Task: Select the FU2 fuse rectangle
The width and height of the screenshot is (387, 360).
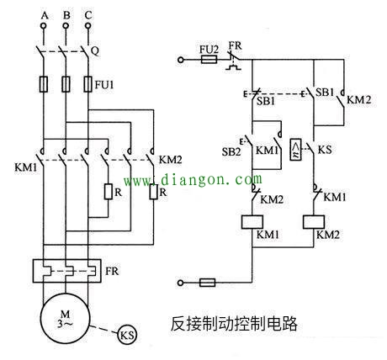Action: [x=209, y=60]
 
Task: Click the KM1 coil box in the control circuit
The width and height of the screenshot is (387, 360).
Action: [x=252, y=222]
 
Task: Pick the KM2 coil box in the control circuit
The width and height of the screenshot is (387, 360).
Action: [x=314, y=222]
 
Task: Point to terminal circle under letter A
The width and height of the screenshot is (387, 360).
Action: [x=44, y=26]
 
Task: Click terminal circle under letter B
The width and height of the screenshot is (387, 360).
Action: [x=66, y=26]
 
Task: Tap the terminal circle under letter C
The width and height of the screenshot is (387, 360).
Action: [x=88, y=26]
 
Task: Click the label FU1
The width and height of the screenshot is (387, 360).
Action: [x=104, y=84]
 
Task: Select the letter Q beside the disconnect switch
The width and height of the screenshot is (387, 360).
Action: [x=95, y=51]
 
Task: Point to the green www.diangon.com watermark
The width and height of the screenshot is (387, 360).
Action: [x=193, y=180]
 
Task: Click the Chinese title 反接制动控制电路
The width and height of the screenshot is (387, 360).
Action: [x=234, y=324]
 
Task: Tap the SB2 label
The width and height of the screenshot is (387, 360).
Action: [x=231, y=151]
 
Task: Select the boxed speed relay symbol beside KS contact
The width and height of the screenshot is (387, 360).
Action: [x=296, y=150]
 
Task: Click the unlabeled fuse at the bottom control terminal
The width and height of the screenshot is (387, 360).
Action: [x=208, y=283]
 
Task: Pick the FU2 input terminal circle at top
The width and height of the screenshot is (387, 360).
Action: [x=181, y=60]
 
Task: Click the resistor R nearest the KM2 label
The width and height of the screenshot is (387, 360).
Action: [x=153, y=192]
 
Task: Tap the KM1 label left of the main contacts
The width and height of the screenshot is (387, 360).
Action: [x=26, y=167]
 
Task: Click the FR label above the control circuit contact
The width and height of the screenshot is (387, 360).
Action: [x=235, y=45]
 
